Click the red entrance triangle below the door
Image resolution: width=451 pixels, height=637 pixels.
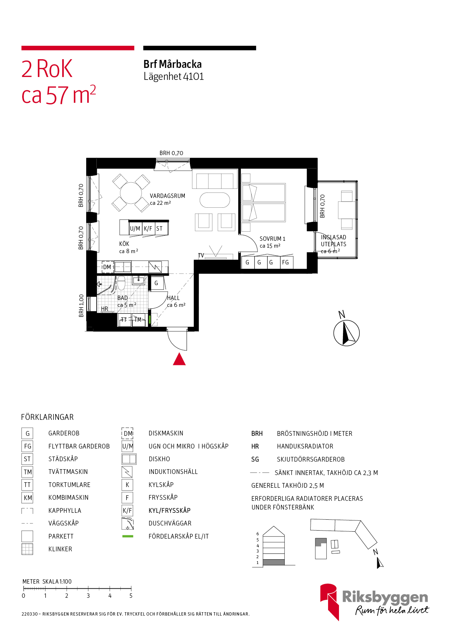179,360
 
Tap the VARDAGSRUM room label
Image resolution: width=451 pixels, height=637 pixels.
167,196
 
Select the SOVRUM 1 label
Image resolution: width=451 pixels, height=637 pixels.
272,239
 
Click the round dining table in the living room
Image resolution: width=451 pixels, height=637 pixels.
131,193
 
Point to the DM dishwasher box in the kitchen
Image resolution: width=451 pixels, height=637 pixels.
107,267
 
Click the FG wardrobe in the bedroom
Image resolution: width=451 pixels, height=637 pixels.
286,262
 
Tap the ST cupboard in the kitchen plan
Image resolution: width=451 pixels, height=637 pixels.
160,229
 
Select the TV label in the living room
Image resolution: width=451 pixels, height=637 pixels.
201,256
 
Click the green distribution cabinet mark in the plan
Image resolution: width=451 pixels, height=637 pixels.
149,320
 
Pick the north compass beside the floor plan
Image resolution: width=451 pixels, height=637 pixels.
346,333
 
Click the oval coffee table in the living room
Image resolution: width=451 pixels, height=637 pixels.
215,200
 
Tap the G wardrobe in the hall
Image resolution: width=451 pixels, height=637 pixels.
156,283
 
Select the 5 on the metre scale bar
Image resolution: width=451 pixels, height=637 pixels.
131,596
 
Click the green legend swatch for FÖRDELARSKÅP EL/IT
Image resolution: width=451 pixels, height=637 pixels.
128,536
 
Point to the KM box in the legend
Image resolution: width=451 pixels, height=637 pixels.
28,498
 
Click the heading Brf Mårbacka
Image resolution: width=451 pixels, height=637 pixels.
172,64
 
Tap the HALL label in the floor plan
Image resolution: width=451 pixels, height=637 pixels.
173,298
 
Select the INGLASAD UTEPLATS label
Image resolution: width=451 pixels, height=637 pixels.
334,241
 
